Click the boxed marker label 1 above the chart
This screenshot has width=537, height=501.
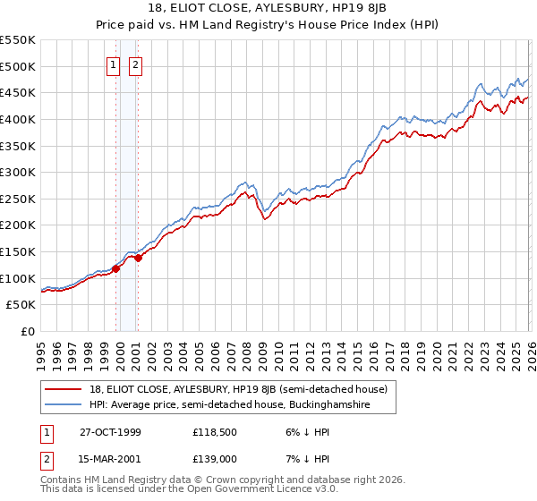coord(115,64)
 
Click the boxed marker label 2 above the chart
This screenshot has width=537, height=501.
coord(135,64)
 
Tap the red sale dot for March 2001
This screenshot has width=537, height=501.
coord(138,258)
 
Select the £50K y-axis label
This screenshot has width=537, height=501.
coord(21,305)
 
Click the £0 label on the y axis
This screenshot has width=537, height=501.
coord(29,332)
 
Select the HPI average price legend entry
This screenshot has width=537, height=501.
coord(242,405)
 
